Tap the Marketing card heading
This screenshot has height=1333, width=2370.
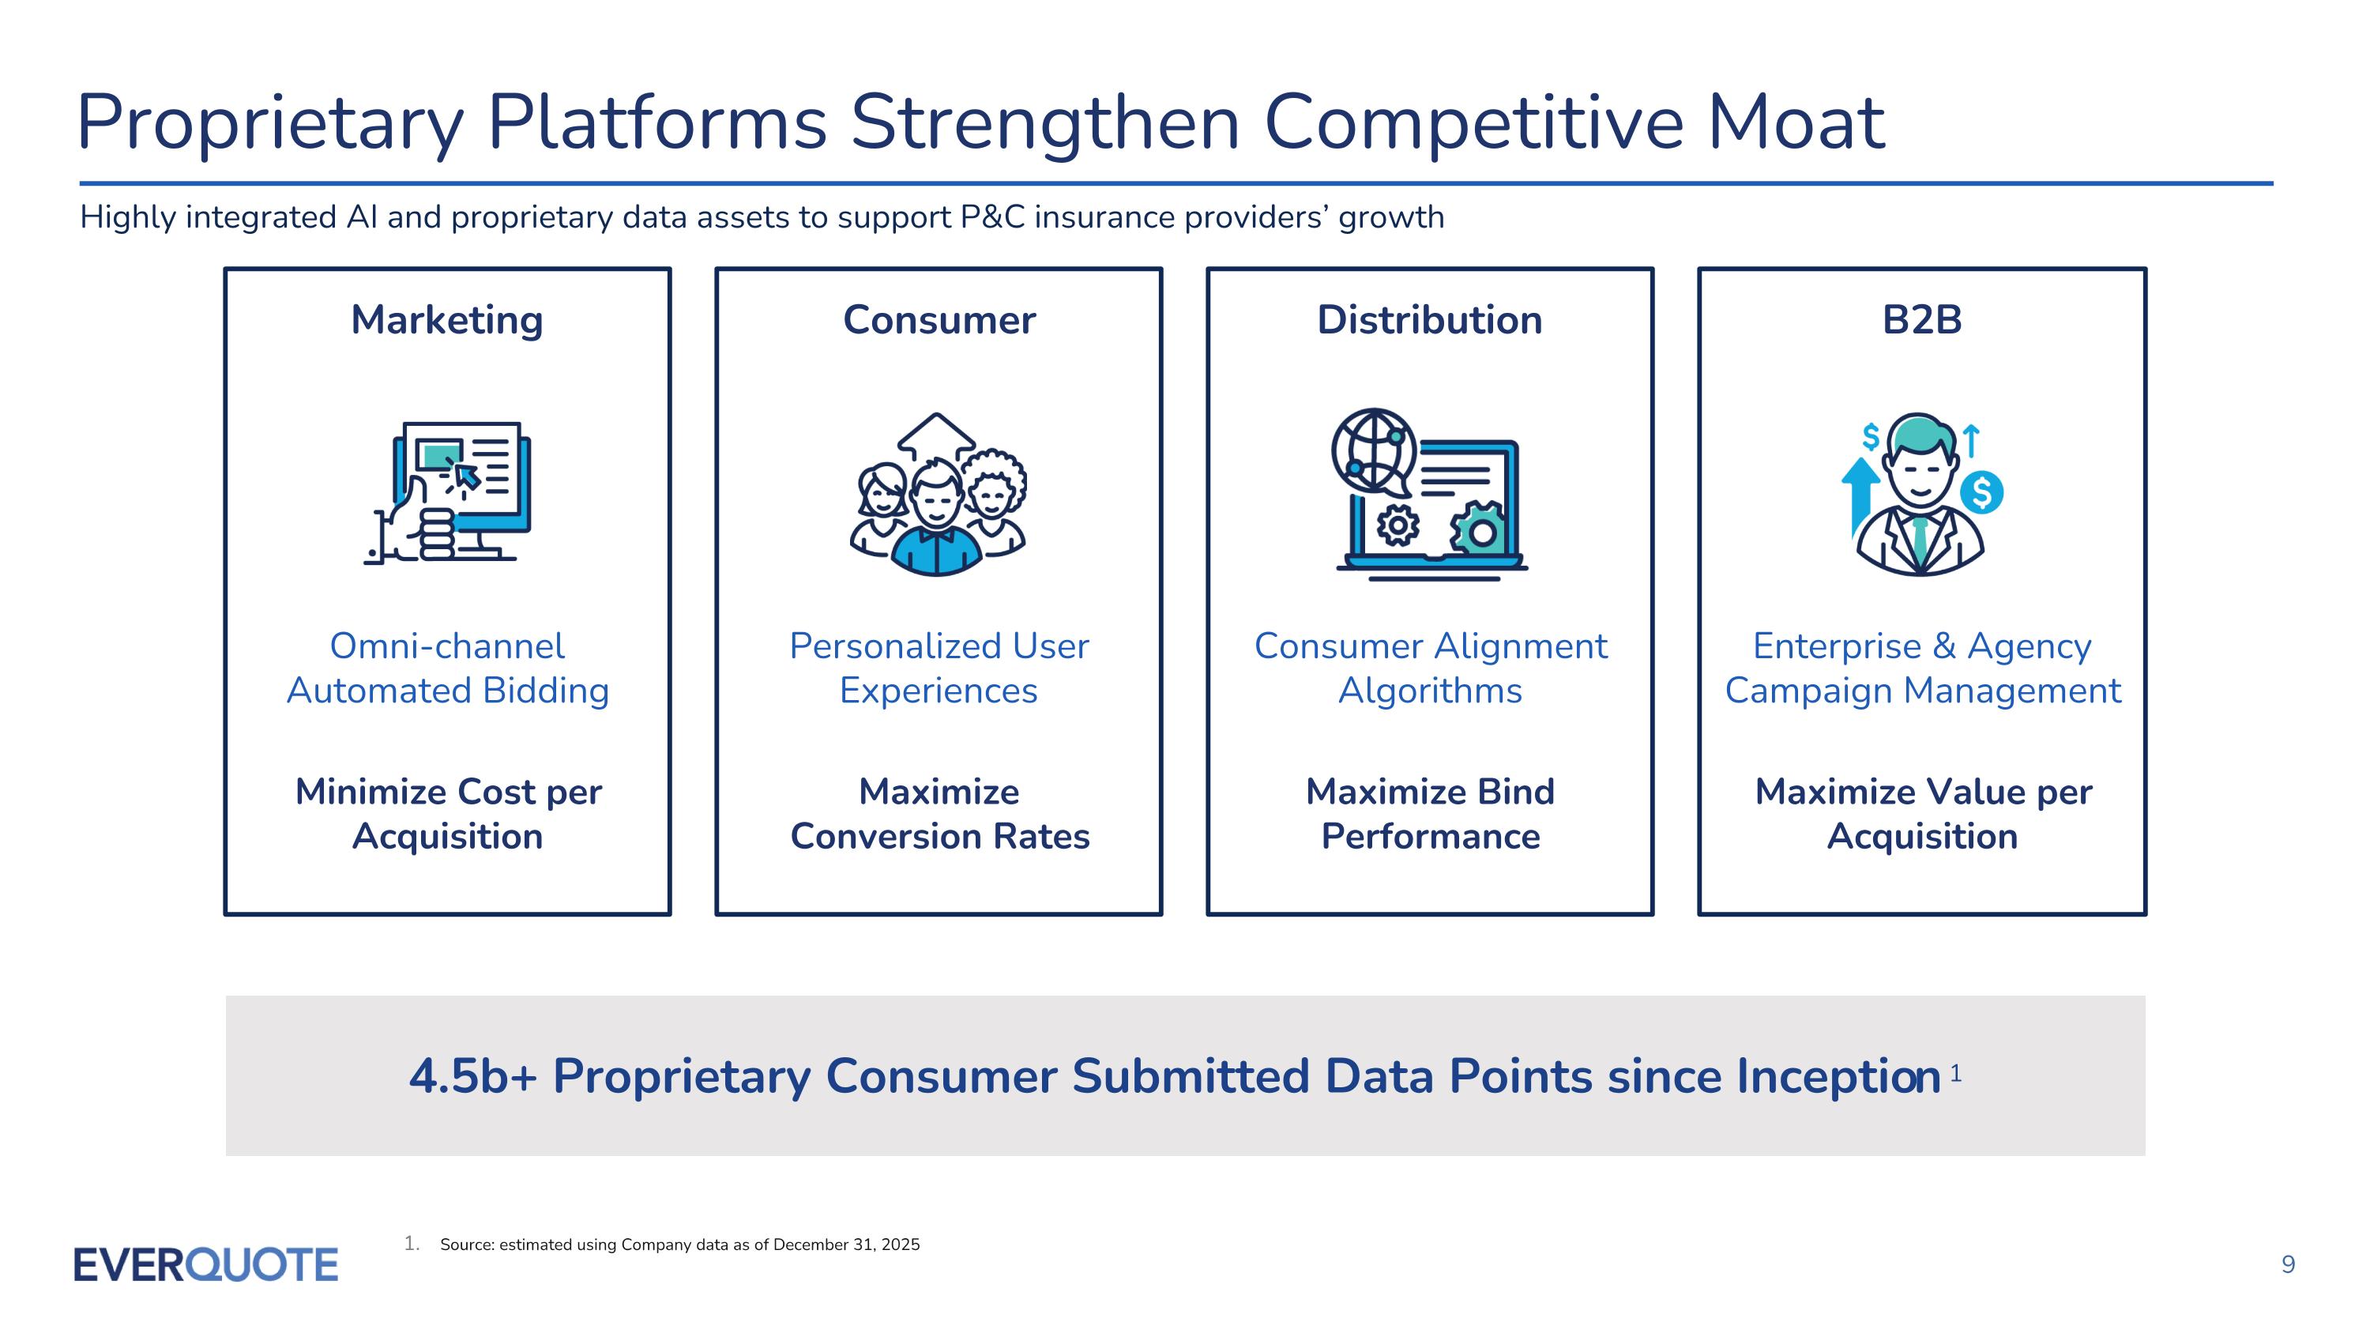coord(447,321)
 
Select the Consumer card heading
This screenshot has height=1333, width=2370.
coord(939,320)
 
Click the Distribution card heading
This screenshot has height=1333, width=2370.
coord(1430,320)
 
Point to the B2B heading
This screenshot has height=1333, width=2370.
coord(1922,320)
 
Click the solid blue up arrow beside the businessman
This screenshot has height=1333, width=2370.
coord(1860,497)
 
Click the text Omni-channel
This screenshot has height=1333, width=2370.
coord(447,646)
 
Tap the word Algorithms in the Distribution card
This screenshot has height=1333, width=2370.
coord(1431,691)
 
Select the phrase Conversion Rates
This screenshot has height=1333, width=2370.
coord(939,836)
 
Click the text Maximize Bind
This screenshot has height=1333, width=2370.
coord(1430,791)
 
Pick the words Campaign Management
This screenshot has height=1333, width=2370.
coord(1922,691)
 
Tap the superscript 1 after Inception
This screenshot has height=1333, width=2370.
coord(1955,1073)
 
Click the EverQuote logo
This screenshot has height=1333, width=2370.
coord(206,1265)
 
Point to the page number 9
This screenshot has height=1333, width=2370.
coord(2288,1265)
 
